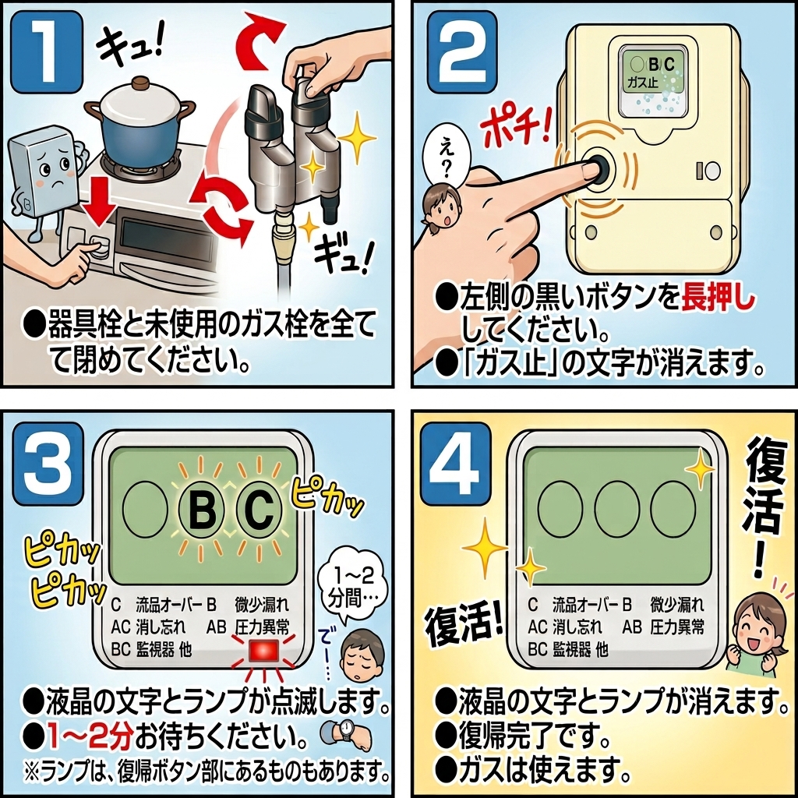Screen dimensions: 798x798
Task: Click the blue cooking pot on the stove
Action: (x=139, y=119)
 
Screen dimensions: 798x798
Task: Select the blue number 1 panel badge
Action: (x=46, y=51)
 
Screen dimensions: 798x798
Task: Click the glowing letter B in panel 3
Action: (x=202, y=508)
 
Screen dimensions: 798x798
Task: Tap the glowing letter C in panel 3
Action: (x=259, y=508)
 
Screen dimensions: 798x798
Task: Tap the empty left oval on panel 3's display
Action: (x=146, y=508)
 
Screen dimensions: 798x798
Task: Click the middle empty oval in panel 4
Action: (x=616, y=508)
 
